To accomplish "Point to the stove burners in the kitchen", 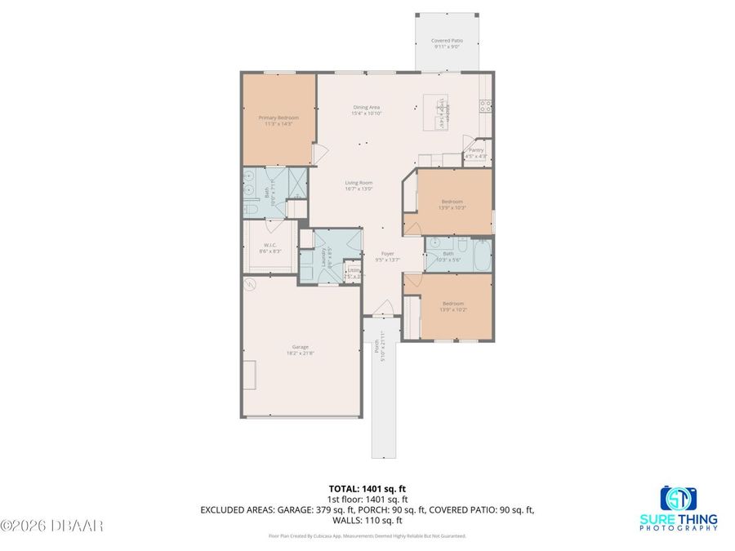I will click(x=484, y=104).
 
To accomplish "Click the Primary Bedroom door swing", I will click(x=321, y=153).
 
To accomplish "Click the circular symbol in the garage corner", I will click(x=251, y=284).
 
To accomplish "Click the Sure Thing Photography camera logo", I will click(x=678, y=499).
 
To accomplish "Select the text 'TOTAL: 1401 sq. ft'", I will click(x=367, y=489).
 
